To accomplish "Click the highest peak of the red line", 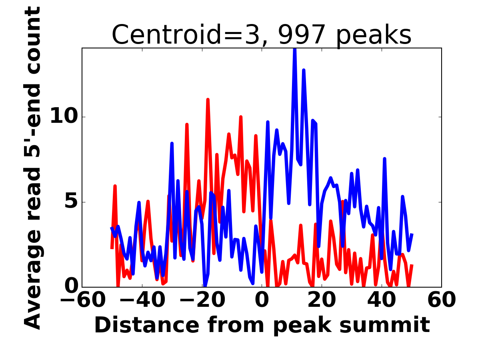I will click(x=208, y=100).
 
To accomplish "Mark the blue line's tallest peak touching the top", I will click(x=295, y=49).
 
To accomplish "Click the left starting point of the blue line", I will click(x=112, y=228).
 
